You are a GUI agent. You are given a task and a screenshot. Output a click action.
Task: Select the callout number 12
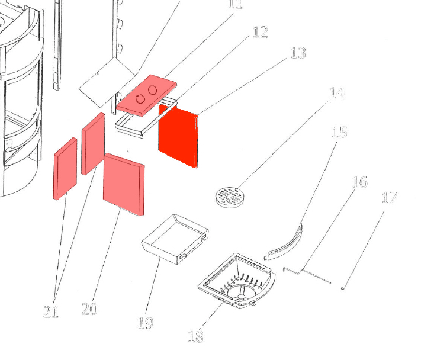click(x=260, y=32)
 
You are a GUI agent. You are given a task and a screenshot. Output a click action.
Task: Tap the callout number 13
click(x=298, y=53)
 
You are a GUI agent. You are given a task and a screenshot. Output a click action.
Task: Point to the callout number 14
click(x=337, y=93)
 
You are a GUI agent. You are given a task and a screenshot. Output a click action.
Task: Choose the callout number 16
click(x=359, y=182)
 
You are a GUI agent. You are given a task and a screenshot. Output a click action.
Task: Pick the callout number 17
click(x=389, y=197)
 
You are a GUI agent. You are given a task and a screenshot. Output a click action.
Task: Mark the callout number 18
click(x=195, y=337)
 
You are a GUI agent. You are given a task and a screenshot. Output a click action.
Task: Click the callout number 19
click(x=145, y=323)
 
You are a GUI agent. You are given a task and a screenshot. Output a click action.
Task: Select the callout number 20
click(x=89, y=309)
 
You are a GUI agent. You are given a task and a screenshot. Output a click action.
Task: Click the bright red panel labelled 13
click(x=178, y=137)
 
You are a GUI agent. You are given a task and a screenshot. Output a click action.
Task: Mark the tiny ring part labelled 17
click(x=343, y=288)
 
